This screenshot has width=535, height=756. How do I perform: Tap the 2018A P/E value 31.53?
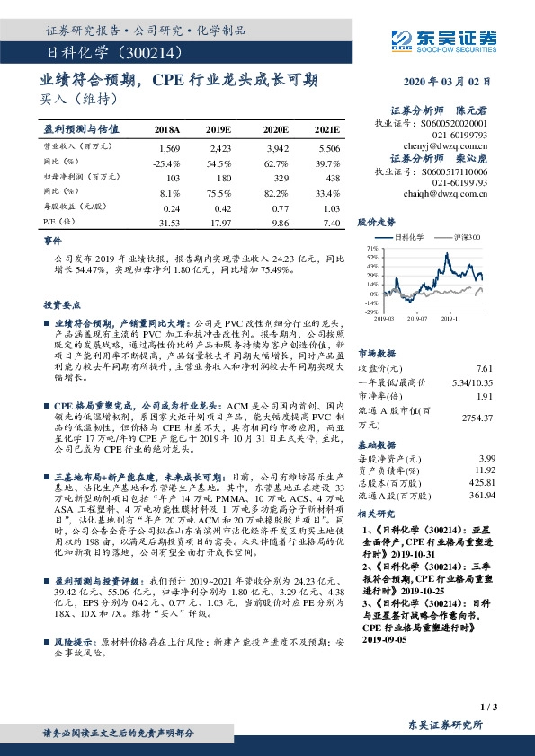pyautogui.click(x=168, y=223)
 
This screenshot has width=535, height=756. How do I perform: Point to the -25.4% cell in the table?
pyautogui.click(x=168, y=162)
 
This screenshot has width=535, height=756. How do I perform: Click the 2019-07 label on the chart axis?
pyautogui.click(x=415, y=317)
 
